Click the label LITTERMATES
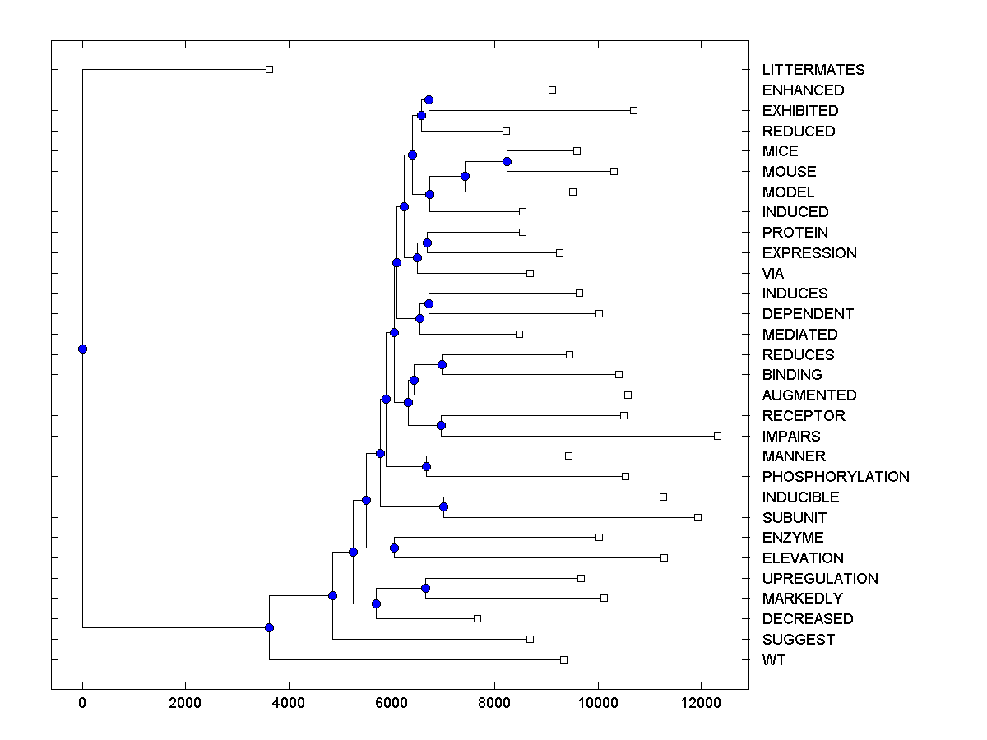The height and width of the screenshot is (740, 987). pyautogui.click(x=813, y=70)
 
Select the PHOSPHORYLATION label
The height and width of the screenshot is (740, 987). pyautogui.click(x=835, y=477)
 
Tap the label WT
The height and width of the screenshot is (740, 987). pyautogui.click(x=773, y=660)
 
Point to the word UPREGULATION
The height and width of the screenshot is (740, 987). pyautogui.click(x=819, y=579)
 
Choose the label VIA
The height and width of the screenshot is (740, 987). pyautogui.click(x=772, y=274)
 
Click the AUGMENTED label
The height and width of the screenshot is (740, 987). pyautogui.click(x=809, y=395)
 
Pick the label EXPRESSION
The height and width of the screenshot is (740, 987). pyautogui.click(x=809, y=253)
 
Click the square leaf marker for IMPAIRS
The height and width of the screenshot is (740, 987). pyautogui.click(x=717, y=436)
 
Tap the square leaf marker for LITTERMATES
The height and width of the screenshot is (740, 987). pyautogui.click(x=269, y=69)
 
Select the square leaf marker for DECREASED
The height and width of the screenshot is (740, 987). pyautogui.click(x=477, y=618)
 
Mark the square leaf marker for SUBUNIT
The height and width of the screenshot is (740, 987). pyautogui.click(x=697, y=517)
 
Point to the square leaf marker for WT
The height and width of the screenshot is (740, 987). pyautogui.click(x=563, y=659)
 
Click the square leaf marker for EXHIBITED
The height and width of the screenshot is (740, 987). pyautogui.click(x=633, y=110)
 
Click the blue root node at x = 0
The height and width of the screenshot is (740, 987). pyautogui.click(x=82, y=349)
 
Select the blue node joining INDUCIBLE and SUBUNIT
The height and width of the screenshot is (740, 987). pyautogui.click(x=443, y=506)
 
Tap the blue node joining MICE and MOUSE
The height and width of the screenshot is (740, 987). pyautogui.click(x=507, y=161)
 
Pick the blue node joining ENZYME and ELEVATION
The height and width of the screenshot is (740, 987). pyautogui.click(x=394, y=548)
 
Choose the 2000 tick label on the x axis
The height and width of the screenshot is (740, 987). pyautogui.click(x=185, y=702)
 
